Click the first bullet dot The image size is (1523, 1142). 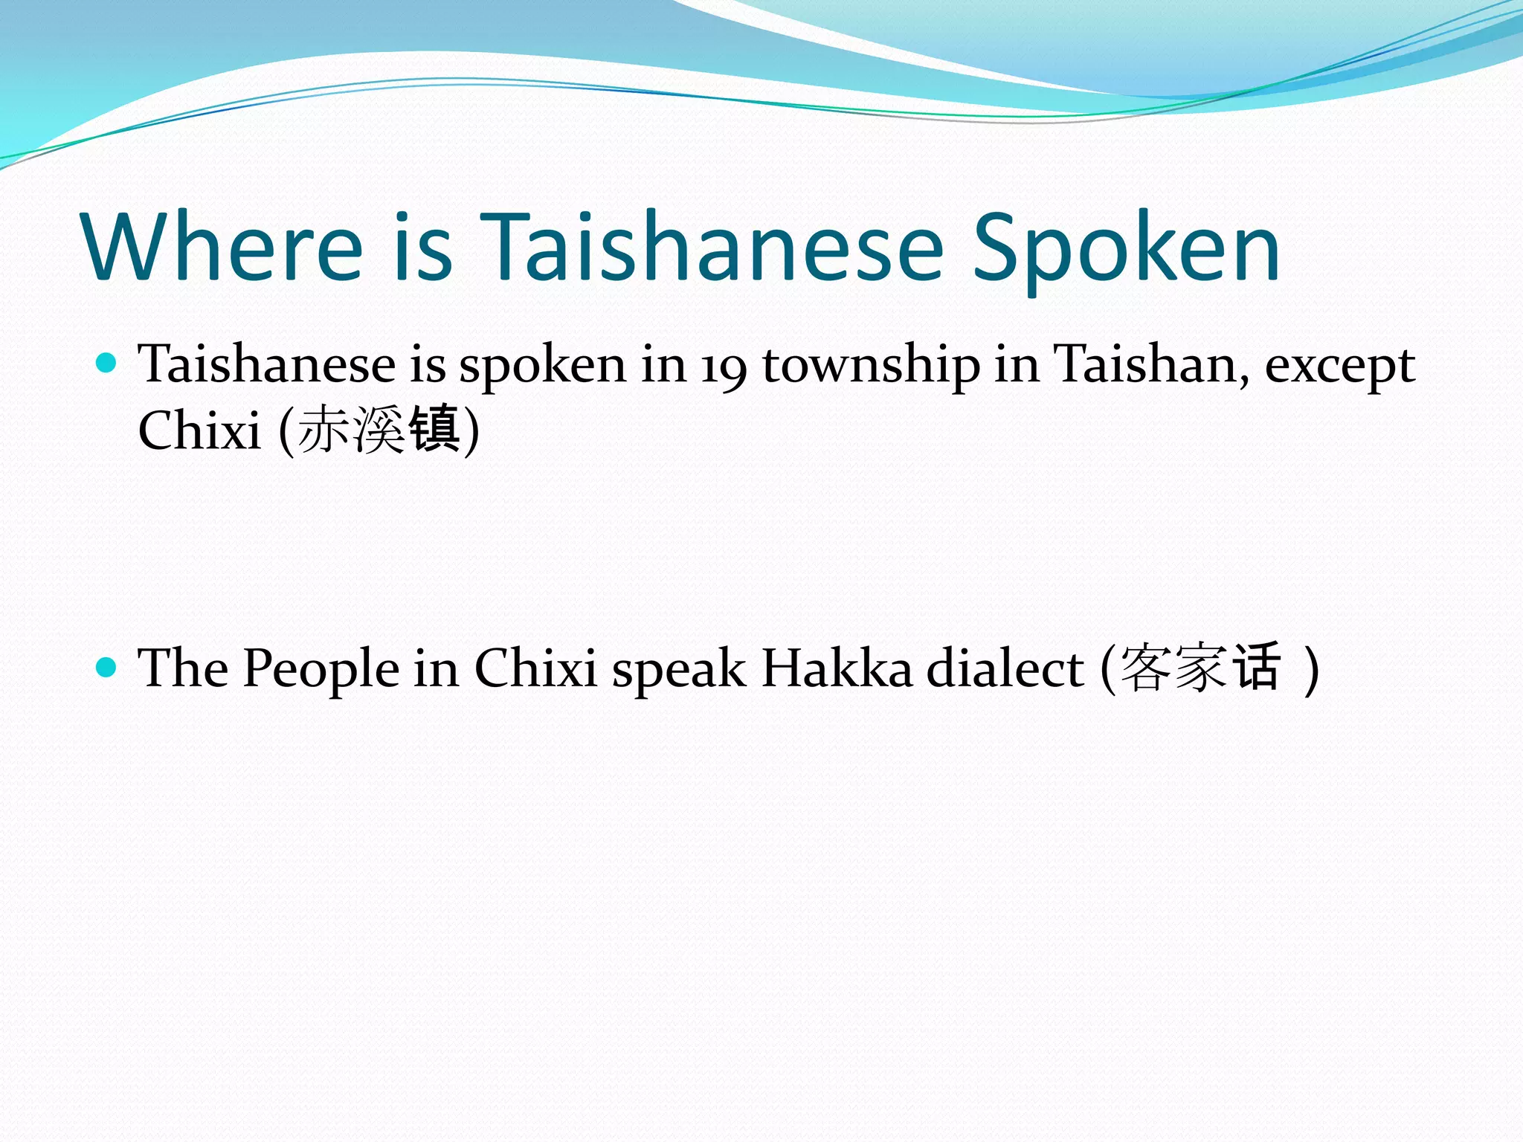click(107, 364)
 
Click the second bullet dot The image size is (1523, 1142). click(107, 667)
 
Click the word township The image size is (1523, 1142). click(871, 366)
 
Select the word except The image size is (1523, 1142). click(1339, 366)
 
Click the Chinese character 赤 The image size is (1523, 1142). click(323, 430)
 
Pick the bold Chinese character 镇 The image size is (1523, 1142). click(435, 430)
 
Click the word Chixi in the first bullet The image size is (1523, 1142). click(199, 430)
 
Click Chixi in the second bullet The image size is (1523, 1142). click(535, 668)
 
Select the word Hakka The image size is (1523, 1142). click(837, 668)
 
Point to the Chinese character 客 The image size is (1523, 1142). click(1145, 668)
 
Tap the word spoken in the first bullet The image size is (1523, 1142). click(542, 366)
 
